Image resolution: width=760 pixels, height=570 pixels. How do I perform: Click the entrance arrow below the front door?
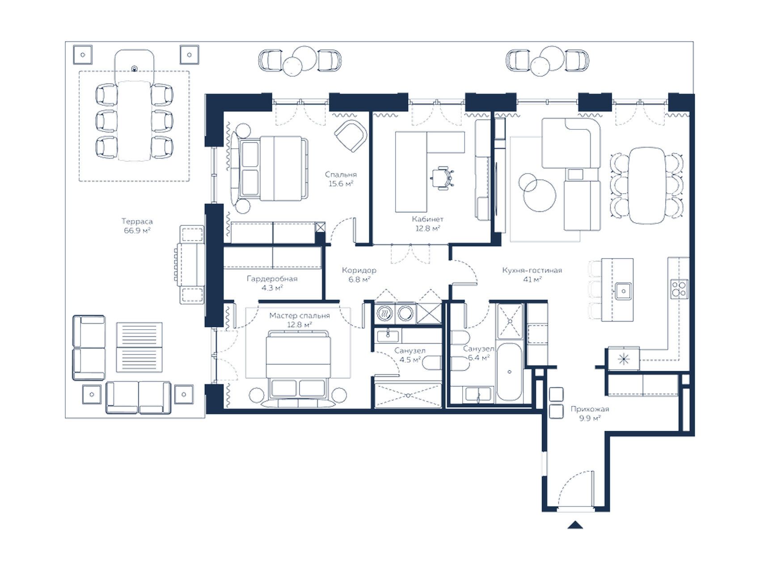pyautogui.click(x=575, y=525)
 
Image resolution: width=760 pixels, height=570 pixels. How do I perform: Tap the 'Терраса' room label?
pyautogui.click(x=137, y=221)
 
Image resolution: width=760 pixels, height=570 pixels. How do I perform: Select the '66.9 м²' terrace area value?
pyautogui.click(x=137, y=231)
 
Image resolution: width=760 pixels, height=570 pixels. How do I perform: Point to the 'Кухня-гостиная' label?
pyautogui.click(x=532, y=270)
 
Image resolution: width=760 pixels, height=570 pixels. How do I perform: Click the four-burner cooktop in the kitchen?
pyautogui.click(x=679, y=288)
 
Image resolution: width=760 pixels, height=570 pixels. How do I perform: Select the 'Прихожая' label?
pyautogui.click(x=589, y=409)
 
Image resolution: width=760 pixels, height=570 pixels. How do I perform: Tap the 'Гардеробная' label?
pyautogui.click(x=272, y=279)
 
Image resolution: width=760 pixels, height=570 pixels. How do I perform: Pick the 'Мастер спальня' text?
pyautogui.click(x=300, y=316)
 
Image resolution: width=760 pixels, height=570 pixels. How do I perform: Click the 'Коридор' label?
pyautogui.click(x=359, y=270)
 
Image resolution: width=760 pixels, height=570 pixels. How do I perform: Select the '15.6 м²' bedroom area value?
pyautogui.click(x=341, y=184)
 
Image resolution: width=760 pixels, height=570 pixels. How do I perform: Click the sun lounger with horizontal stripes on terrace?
pyautogui.click(x=139, y=347)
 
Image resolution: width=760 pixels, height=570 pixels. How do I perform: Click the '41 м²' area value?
pyautogui.click(x=532, y=279)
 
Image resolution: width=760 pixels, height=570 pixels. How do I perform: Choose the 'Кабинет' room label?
pyautogui.click(x=428, y=219)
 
